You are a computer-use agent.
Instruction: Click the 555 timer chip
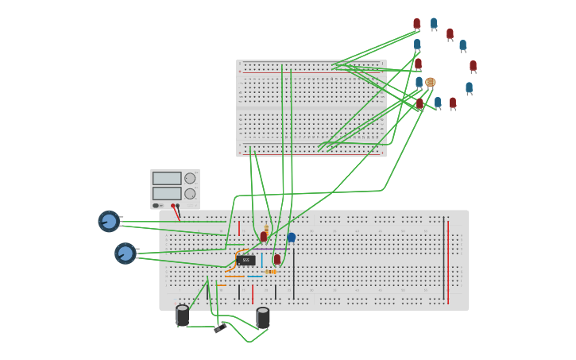click(x=245, y=260)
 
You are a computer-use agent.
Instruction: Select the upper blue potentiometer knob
click(x=109, y=221)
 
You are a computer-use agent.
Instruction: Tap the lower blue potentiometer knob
click(x=125, y=254)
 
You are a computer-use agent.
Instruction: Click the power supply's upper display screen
click(x=167, y=179)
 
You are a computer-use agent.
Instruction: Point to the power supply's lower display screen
click(x=167, y=193)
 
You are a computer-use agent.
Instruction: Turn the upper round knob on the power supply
click(x=190, y=179)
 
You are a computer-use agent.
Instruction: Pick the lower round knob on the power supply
click(x=190, y=193)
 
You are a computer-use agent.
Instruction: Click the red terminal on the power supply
click(x=172, y=206)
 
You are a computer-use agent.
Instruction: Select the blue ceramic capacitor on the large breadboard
click(x=292, y=237)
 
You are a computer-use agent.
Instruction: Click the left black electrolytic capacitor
click(x=182, y=315)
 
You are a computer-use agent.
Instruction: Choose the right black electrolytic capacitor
click(x=263, y=318)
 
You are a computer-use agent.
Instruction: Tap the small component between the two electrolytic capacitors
click(x=220, y=327)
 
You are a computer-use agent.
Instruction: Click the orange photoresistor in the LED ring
click(x=431, y=82)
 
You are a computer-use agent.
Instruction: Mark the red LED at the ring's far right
click(x=473, y=66)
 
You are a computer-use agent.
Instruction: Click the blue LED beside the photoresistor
click(x=419, y=82)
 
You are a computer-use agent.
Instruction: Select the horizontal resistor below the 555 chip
click(x=270, y=272)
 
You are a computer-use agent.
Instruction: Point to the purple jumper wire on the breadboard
click(x=270, y=249)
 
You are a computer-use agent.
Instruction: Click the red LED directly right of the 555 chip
click(x=277, y=259)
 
